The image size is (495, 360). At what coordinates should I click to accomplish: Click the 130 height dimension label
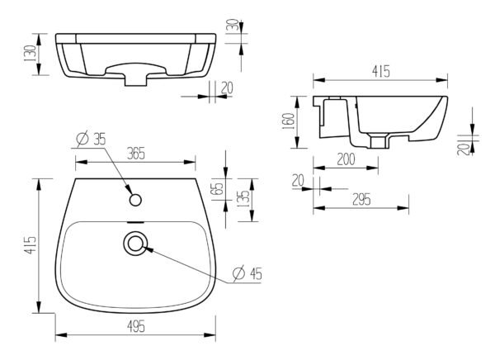[x=31, y=54]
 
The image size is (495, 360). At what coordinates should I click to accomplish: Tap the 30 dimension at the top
[x=233, y=24]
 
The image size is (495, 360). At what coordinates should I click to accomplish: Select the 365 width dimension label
[x=136, y=154]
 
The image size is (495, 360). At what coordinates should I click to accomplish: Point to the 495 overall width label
[x=136, y=326]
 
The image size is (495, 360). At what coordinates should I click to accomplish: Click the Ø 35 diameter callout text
[x=92, y=139]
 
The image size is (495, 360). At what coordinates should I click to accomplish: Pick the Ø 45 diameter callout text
[x=247, y=273]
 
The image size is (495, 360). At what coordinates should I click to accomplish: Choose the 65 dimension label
[x=219, y=189]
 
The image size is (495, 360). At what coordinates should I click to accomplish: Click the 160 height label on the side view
[x=290, y=121]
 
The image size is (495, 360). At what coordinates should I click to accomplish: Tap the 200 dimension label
[x=346, y=159]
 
